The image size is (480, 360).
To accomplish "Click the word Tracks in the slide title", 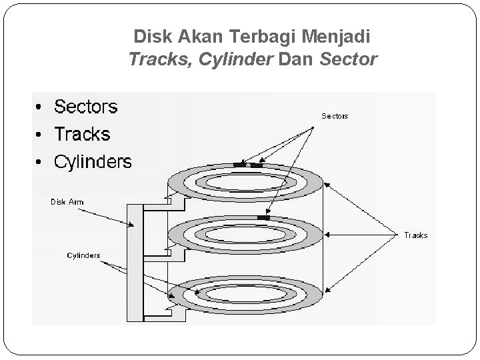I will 153,60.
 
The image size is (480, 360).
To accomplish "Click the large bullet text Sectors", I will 85,107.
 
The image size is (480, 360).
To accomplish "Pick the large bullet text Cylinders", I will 93,161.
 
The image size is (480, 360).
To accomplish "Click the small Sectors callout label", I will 335,116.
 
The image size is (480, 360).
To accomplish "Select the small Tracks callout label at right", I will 415,235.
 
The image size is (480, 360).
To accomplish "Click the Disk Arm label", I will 68,201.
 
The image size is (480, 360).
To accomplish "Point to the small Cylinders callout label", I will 83,255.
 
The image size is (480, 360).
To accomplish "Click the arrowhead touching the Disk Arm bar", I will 132,225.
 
